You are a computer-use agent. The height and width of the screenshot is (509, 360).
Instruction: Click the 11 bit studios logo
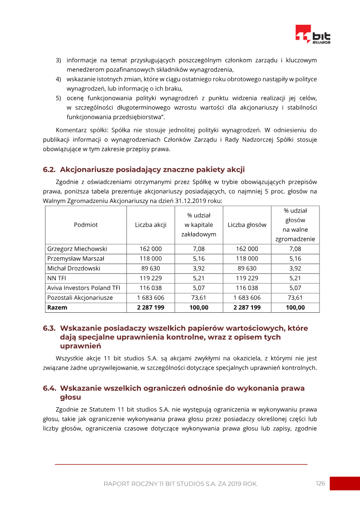[312, 34]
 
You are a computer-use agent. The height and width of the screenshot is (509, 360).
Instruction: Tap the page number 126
[320, 483]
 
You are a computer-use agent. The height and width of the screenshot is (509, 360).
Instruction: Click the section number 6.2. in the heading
[49, 170]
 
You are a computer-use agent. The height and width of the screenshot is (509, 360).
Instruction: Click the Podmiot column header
[85, 225]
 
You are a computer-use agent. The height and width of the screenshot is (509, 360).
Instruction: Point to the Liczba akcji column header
[151, 225]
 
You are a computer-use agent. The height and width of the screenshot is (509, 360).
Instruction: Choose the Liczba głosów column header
[247, 225]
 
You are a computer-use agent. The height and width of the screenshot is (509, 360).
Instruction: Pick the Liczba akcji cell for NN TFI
[151, 278]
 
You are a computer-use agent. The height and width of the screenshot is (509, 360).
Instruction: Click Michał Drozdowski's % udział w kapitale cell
[198, 268]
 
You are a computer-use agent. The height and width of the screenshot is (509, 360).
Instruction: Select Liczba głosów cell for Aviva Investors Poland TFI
[247, 288]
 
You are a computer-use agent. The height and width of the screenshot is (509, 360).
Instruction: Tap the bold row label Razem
[57, 307]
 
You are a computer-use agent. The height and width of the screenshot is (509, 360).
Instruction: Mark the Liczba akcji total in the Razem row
[151, 307]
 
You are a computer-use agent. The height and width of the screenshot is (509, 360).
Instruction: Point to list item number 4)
[58, 79]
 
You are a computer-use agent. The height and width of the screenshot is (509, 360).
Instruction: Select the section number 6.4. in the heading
[49, 388]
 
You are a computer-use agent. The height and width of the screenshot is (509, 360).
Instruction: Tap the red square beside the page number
[345, 483]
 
